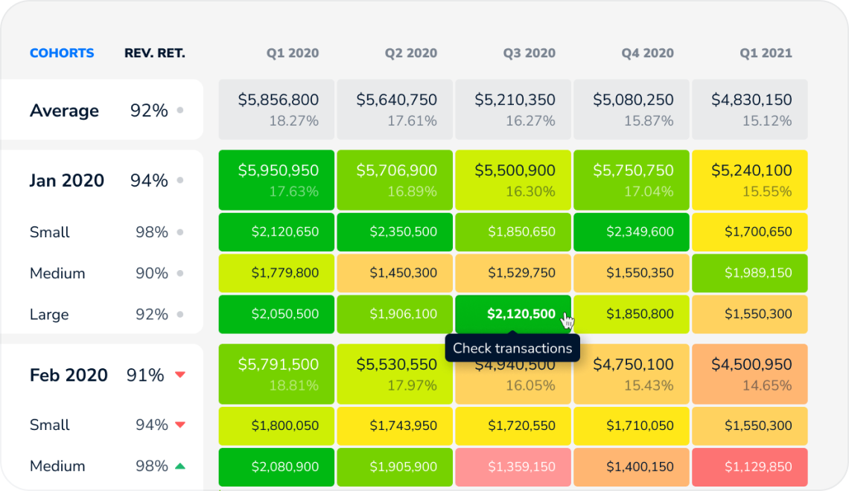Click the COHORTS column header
tap(62, 54)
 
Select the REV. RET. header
tap(155, 54)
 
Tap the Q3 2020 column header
tap(529, 54)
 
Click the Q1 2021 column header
tap(766, 54)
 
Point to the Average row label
tap(64, 111)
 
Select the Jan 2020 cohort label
tap(67, 181)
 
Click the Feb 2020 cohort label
tap(69, 375)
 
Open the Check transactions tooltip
tap(512, 348)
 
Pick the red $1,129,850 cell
tap(750, 467)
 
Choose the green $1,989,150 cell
tap(750, 274)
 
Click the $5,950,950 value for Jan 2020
tap(279, 170)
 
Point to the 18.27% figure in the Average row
tap(293, 121)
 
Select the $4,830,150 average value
tap(751, 100)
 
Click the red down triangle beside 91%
tap(179, 375)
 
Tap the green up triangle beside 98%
tap(179, 466)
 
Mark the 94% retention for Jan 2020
tap(149, 181)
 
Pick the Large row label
tap(49, 315)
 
